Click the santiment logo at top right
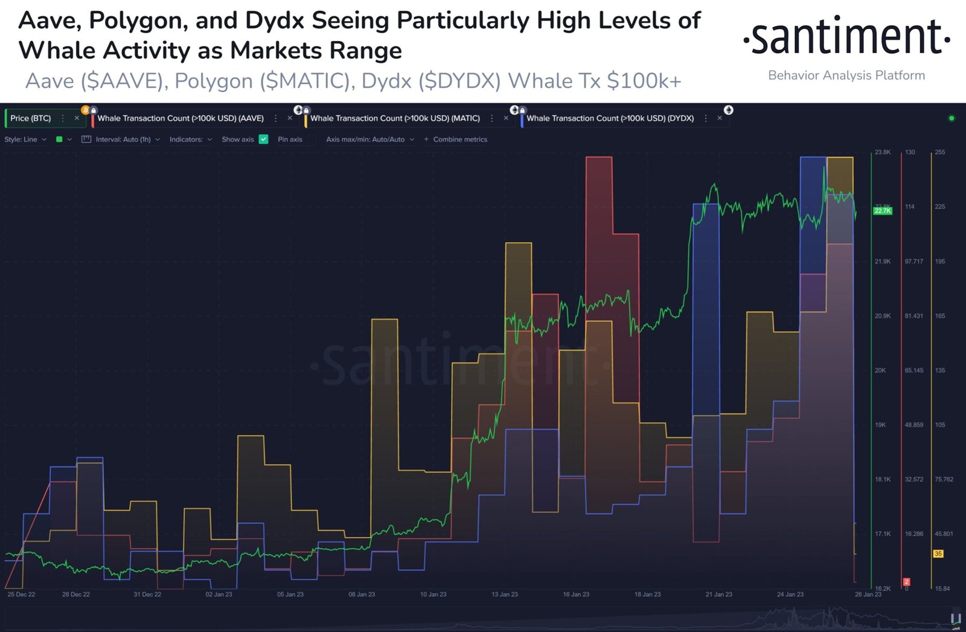tap(846, 37)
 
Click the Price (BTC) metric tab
tap(31, 118)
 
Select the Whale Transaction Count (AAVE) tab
tap(181, 118)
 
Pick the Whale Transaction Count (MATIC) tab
tap(395, 118)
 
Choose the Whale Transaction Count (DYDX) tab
tap(610, 118)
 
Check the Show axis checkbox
tap(263, 140)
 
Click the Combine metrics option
tap(459, 140)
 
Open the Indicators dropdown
tap(190, 140)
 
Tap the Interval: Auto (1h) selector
tap(123, 140)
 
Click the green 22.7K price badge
tap(882, 211)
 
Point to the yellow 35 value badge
tap(938, 553)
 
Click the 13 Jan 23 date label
tap(504, 595)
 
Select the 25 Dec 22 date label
tap(21, 595)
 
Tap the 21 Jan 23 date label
tap(718, 595)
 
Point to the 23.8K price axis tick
tap(882, 152)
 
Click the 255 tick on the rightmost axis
tap(939, 152)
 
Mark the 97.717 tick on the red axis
tap(913, 262)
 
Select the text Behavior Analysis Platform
tap(846, 76)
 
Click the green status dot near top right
tap(952, 118)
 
